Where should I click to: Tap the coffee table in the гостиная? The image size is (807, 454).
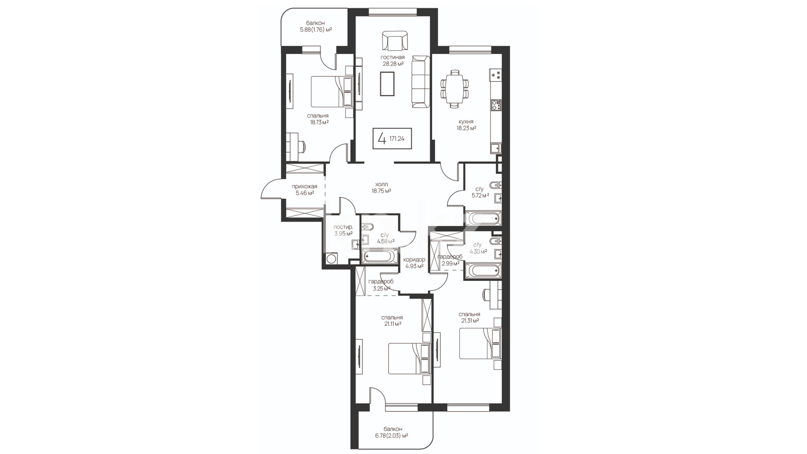[387, 84]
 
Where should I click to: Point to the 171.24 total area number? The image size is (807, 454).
[397, 138]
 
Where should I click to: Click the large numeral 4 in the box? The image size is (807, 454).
[382, 138]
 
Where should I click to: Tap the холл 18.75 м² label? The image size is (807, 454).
[381, 187]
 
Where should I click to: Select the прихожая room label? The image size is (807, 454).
[305, 187]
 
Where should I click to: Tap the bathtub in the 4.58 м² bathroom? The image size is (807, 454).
[380, 256]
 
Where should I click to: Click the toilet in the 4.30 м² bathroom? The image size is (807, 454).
[496, 241]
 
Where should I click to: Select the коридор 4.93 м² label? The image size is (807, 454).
[414, 263]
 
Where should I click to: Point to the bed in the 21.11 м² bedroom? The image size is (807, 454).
[409, 359]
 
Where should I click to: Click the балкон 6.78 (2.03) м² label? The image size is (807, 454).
[393, 433]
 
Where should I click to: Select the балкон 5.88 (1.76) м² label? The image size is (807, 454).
[316, 26]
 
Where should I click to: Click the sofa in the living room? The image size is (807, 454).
[421, 82]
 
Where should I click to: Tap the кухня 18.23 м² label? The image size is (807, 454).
[467, 125]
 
